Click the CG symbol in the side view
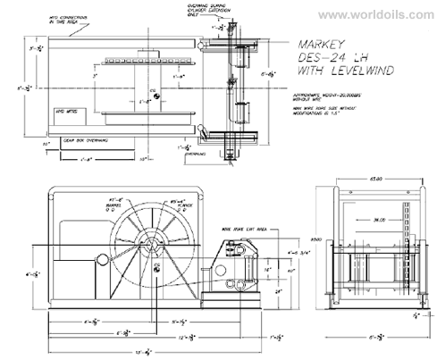(x=156, y=266)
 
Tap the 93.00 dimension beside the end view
(x=315, y=239)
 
